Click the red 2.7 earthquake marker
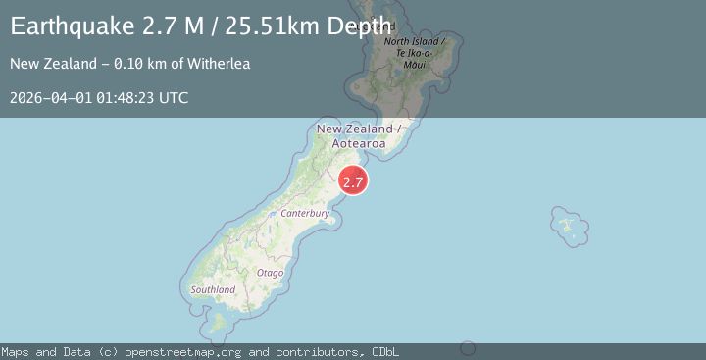[x=353, y=180]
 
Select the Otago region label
[x=271, y=272]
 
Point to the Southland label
[x=213, y=290]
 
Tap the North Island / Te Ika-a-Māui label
[x=415, y=52]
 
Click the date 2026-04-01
[x=51, y=97]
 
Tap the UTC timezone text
[x=176, y=97]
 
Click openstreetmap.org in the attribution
[x=186, y=351]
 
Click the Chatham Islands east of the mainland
[x=568, y=226]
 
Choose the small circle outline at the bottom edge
[x=469, y=348]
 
